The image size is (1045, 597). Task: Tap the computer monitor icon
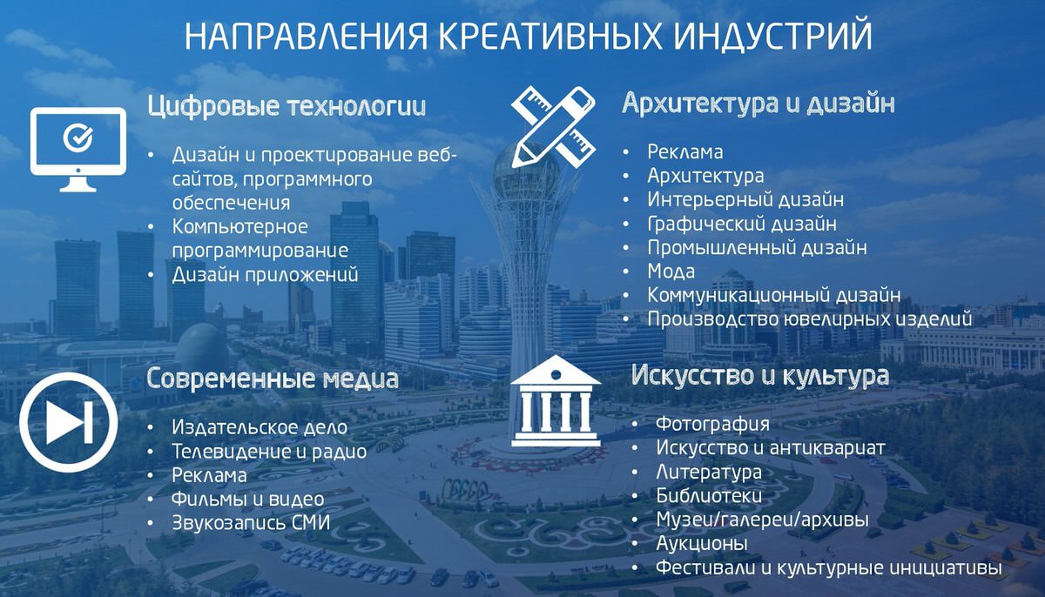(x=78, y=150)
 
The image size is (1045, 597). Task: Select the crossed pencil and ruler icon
(x=553, y=127)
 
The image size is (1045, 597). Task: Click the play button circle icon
(x=69, y=422)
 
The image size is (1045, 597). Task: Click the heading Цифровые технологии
(x=287, y=106)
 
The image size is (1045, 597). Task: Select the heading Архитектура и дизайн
(x=758, y=103)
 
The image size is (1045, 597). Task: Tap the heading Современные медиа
(x=273, y=378)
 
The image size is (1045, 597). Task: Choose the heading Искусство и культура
(x=760, y=376)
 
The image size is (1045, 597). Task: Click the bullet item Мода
(x=671, y=272)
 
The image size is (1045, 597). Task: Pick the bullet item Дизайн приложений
(x=265, y=275)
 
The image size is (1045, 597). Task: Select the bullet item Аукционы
(x=702, y=544)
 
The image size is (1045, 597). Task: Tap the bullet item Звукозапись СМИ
(x=251, y=523)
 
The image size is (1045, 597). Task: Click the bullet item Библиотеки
(x=709, y=495)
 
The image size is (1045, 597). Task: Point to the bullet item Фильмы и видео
(x=247, y=500)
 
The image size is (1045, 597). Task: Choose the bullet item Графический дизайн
(x=742, y=225)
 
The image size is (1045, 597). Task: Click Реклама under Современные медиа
(x=209, y=476)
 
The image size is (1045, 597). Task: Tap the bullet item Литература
(x=709, y=472)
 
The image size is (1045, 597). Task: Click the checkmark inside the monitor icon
(x=78, y=138)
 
